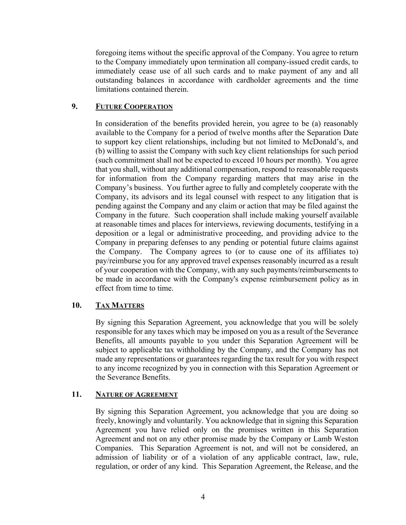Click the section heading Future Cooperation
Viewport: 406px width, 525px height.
pyautogui.click(x=134, y=107)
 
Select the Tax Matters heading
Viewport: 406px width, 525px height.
pyautogui.click(x=120, y=305)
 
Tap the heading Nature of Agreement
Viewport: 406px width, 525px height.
pyautogui.click(x=136, y=394)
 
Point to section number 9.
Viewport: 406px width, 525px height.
pyautogui.click(x=74, y=106)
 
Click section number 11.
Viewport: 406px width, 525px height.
pyautogui.click(x=76, y=394)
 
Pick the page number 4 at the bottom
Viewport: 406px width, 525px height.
pyautogui.click(x=203, y=497)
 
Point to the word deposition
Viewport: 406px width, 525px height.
pyautogui.click(x=112, y=233)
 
